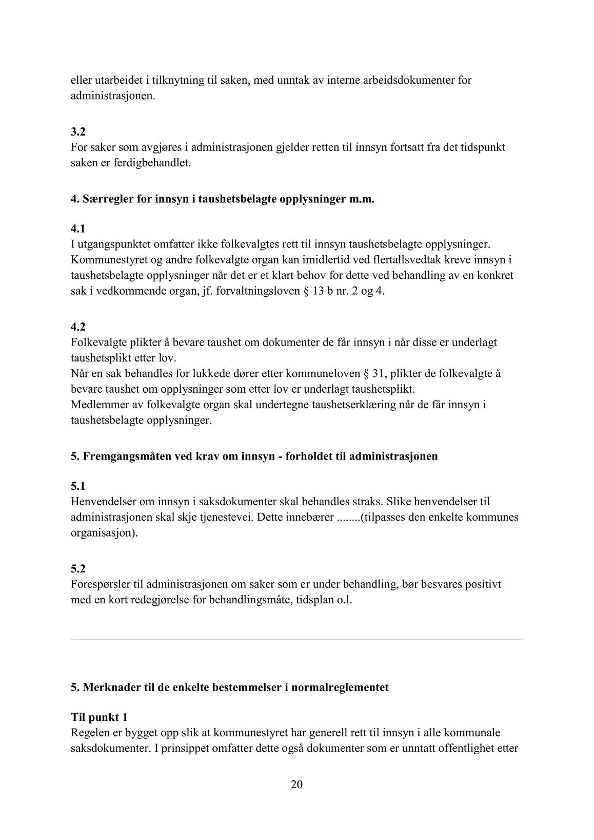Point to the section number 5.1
pos(78,486)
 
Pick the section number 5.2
pos(78,569)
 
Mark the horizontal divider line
pos(296,639)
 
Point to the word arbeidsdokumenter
pos(408,80)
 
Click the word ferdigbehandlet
pos(147,163)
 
